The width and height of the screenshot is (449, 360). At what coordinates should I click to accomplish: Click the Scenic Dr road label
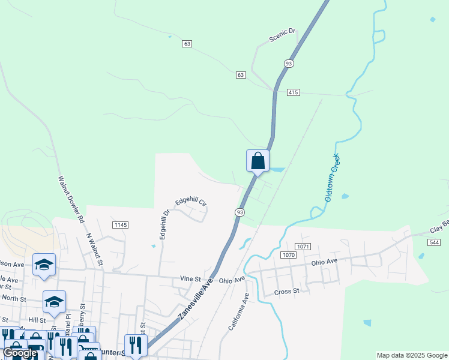tap(283, 37)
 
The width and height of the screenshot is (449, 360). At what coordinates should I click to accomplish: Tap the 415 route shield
tap(293, 92)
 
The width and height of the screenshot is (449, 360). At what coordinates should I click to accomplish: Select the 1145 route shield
tap(120, 225)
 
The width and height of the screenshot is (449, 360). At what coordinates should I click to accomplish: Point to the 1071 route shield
tap(302, 247)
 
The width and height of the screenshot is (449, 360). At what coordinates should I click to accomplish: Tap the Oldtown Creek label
tap(333, 178)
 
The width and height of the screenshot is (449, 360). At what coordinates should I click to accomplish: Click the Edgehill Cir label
tap(190, 203)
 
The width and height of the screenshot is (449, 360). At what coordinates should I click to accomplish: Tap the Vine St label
tap(190, 279)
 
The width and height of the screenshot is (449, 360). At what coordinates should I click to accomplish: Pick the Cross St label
tap(286, 292)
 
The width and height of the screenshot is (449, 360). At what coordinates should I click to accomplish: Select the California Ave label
tap(238, 312)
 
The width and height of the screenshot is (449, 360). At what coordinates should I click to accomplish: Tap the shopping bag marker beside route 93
tap(258, 161)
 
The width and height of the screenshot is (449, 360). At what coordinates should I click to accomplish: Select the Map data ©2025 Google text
tap(412, 355)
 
